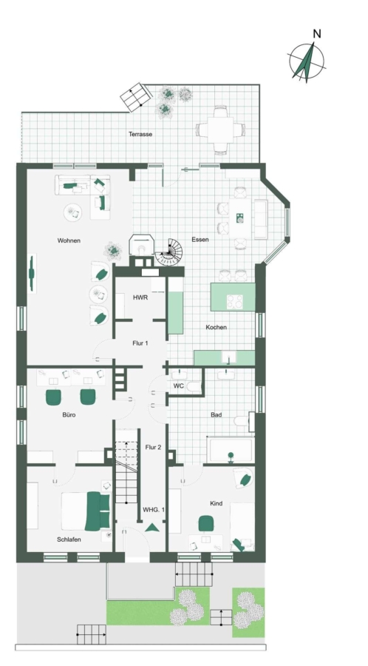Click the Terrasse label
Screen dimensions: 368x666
[140, 134]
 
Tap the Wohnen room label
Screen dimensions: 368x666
[69, 240]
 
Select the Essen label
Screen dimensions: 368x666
[200, 240]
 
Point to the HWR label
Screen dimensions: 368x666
[140, 297]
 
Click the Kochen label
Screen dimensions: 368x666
[217, 328]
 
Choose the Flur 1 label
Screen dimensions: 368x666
[140, 343]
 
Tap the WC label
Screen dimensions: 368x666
[178, 386]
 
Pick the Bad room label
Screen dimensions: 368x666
[217, 414]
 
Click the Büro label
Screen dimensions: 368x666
[69, 414]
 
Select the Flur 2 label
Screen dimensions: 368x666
[153, 447]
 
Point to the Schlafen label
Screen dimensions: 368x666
[69, 539]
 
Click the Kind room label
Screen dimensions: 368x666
[217, 504]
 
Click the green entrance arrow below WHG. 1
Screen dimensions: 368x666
[151, 528]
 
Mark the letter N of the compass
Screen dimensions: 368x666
[317, 34]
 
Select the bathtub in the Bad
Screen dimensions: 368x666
[231, 450]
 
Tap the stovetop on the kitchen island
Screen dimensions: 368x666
[234, 302]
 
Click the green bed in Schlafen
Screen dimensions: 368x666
[86, 511]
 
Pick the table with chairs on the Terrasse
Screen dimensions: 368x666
[220, 129]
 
